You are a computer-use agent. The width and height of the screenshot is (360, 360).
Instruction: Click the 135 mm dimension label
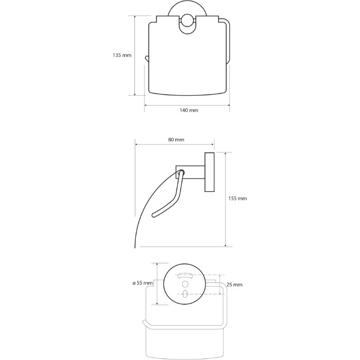[x=122, y=55]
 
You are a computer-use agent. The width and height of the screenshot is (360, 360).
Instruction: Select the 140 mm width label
[x=189, y=110]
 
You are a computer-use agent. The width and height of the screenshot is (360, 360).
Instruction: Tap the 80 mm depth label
[x=176, y=139]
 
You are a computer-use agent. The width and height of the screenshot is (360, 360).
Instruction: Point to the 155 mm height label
[x=238, y=198]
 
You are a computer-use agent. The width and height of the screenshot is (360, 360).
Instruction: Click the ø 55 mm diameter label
[x=142, y=283]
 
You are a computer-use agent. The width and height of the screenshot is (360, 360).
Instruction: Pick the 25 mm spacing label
[x=235, y=284]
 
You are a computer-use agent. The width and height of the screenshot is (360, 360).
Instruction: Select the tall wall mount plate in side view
[x=209, y=172]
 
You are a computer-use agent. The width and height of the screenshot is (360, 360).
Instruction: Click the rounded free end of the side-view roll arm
[x=154, y=215]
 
